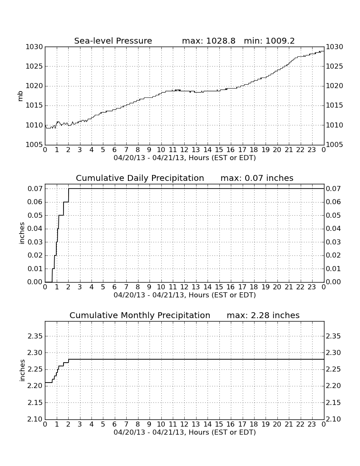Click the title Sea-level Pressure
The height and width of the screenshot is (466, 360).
click(x=113, y=41)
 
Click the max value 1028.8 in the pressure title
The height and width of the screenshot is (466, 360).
click(x=220, y=41)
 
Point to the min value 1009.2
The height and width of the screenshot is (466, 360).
click(x=280, y=41)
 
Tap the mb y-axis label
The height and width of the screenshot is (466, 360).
click(x=20, y=96)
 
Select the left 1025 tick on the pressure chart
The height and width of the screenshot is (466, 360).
click(x=34, y=67)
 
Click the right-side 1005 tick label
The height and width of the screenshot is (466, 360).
click(x=335, y=145)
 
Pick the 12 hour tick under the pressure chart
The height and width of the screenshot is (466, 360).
click(x=184, y=150)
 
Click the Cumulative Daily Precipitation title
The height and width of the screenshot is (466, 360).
click(x=140, y=178)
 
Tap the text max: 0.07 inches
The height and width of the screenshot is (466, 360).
click(x=257, y=178)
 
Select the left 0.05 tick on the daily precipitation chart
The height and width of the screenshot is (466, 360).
click(x=35, y=216)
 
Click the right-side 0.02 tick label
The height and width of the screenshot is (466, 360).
click(x=333, y=255)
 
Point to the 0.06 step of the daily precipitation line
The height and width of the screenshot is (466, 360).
click(x=66, y=202)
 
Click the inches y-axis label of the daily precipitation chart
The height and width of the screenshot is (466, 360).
click(x=21, y=233)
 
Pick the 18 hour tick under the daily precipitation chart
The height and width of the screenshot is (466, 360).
click(x=254, y=287)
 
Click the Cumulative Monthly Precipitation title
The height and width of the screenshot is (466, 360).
click(x=140, y=315)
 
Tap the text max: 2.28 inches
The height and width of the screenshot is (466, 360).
click(x=263, y=315)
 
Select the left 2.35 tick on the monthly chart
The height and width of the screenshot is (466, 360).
click(x=35, y=336)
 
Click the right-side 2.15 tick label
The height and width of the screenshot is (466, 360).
click(x=333, y=403)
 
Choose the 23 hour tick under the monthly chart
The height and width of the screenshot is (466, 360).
click(x=312, y=424)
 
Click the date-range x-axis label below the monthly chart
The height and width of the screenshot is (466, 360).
click(x=185, y=433)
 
